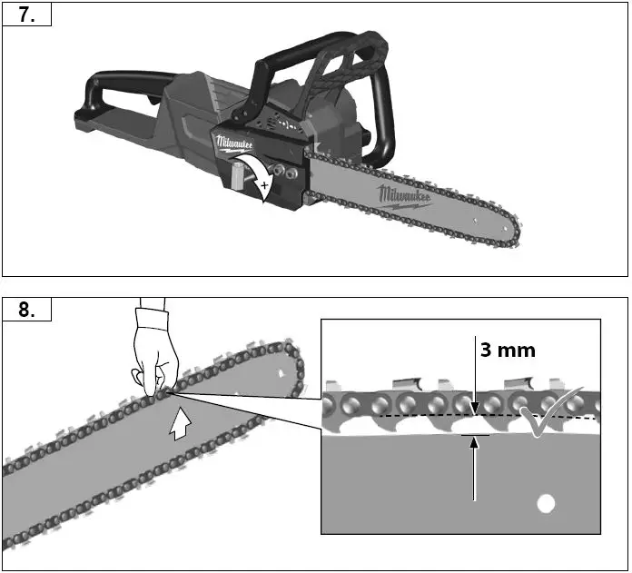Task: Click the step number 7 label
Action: [x=26, y=16]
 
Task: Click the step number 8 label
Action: [x=26, y=310]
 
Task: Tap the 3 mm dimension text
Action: [x=508, y=350]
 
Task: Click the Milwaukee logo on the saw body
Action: [x=234, y=145]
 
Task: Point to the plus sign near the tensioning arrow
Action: [x=264, y=187]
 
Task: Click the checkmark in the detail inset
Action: [x=548, y=412]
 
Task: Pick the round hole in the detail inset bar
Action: [x=545, y=501]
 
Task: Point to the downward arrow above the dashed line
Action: [x=474, y=381]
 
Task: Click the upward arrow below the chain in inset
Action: [x=474, y=468]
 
